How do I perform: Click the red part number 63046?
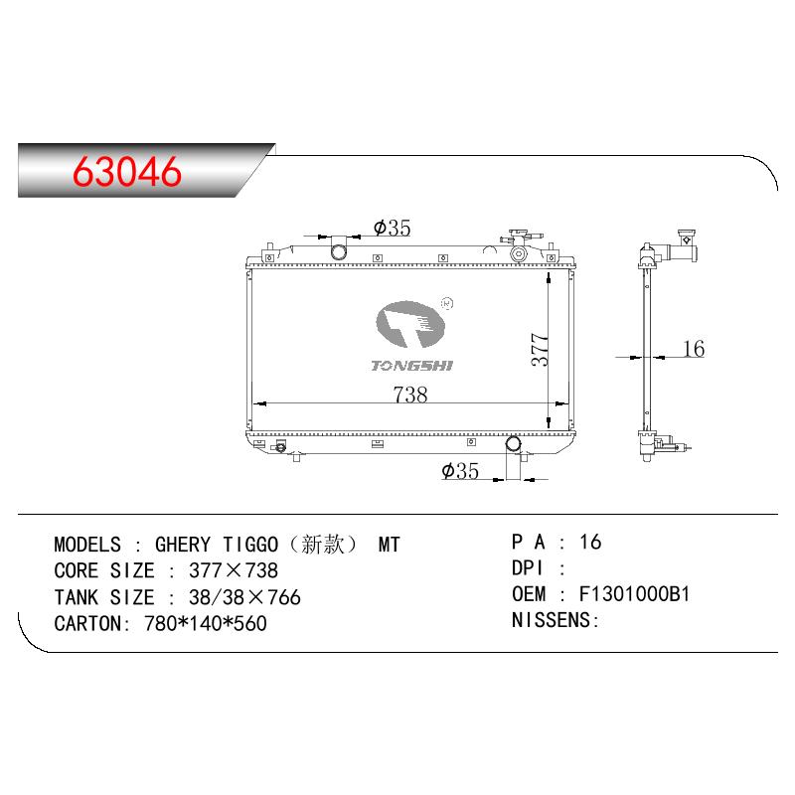tap(127, 171)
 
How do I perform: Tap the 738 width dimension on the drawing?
tap(410, 394)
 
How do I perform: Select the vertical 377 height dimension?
tap(540, 350)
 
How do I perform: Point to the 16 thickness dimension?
tap(694, 349)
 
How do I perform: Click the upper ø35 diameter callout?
tap(392, 228)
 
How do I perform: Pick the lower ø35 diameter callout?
tap(460, 471)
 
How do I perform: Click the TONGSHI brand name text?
tap(411, 366)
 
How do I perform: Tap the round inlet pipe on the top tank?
tap(339, 251)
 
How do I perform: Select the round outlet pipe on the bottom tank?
tap(513, 444)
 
